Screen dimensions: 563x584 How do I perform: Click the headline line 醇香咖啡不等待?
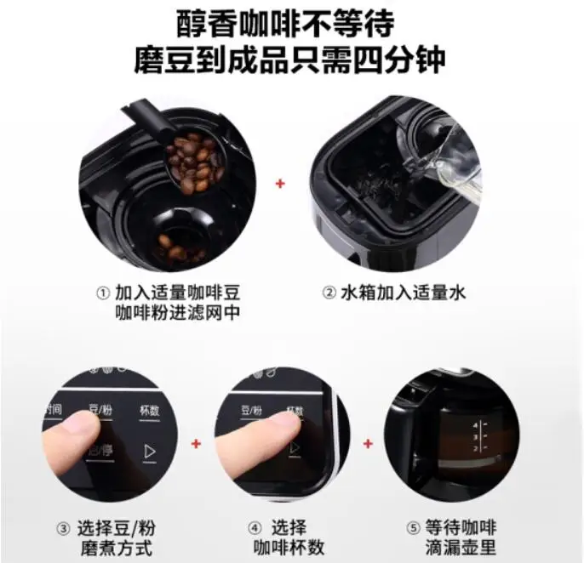pyautogui.click(x=291, y=23)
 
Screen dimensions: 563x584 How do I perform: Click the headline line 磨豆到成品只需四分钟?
pyautogui.click(x=291, y=60)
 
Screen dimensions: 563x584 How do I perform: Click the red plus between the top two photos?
pyautogui.click(x=282, y=184)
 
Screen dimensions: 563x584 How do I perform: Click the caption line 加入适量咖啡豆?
pyautogui.click(x=180, y=293)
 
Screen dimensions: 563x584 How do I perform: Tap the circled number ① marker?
pyautogui.click(x=102, y=293)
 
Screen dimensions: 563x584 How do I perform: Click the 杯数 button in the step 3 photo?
pyautogui.click(x=149, y=410)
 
